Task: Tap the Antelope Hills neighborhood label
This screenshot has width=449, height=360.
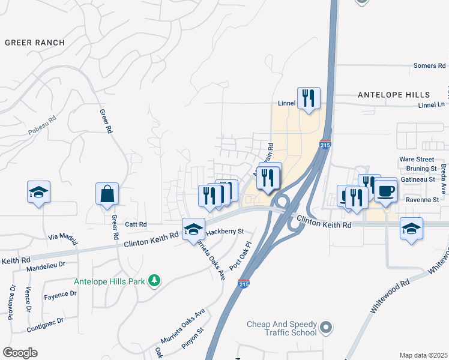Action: [394, 95]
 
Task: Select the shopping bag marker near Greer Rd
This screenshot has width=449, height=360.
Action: [107, 194]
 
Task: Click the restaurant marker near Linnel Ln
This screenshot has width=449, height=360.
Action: [309, 98]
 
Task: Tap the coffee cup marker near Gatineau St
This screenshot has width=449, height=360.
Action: [385, 191]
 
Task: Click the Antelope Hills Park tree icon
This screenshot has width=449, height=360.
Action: [154, 280]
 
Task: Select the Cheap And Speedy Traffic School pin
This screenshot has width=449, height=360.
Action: [325, 328]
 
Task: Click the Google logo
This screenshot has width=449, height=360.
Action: [20, 353]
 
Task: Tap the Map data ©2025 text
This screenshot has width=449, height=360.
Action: [423, 355]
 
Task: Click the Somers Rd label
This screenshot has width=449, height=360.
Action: [430, 65]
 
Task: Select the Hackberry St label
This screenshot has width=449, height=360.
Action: [225, 231]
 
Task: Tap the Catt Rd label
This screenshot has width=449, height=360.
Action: [136, 224]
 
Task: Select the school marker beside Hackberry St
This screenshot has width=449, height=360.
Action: [193, 230]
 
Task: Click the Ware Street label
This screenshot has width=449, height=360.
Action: [417, 160]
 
